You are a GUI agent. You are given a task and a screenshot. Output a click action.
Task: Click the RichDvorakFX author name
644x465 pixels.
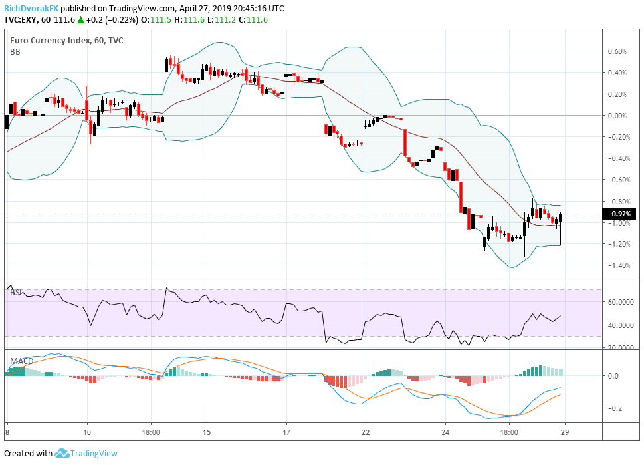click(x=31, y=8)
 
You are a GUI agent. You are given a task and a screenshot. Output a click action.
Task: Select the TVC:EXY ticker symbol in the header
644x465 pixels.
click(x=21, y=20)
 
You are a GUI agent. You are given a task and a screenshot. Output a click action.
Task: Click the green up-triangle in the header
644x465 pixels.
click(x=80, y=20)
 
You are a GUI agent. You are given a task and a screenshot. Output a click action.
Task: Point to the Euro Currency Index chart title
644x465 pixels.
click(x=50, y=41)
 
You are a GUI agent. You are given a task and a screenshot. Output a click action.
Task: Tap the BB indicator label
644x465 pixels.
click(x=15, y=52)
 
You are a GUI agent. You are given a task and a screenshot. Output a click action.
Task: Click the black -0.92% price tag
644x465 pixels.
click(x=620, y=214)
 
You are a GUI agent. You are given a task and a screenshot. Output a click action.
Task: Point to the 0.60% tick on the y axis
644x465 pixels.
click(x=617, y=51)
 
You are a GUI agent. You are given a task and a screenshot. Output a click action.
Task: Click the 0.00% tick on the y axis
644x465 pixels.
click(x=617, y=116)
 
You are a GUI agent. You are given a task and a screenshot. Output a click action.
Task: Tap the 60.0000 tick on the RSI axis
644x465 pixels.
click(x=621, y=302)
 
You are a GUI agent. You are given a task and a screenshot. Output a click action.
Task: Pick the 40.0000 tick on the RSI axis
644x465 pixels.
click(x=621, y=325)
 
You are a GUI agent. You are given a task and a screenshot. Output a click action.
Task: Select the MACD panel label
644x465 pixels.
click(x=22, y=361)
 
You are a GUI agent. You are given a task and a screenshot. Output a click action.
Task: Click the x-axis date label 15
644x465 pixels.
click(x=207, y=432)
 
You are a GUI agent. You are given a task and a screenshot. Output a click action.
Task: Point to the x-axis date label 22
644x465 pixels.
click(x=366, y=432)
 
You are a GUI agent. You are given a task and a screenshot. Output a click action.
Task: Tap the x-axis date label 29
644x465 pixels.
click(x=565, y=432)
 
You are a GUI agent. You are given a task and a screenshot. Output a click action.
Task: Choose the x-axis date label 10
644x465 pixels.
click(x=87, y=432)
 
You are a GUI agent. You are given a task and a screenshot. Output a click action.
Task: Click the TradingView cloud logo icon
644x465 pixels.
click(x=62, y=453)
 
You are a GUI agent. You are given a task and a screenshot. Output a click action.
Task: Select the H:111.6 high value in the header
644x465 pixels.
click(x=189, y=20)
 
